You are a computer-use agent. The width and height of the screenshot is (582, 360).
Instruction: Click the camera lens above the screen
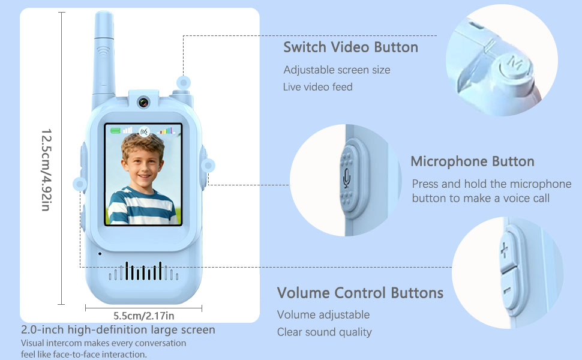tap(143, 101)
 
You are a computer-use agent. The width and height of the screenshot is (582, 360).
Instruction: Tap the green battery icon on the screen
tap(115, 130)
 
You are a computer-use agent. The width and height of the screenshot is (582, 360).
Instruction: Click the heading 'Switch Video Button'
tap(350, 47)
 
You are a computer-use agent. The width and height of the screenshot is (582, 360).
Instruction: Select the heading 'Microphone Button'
tap(472, 161)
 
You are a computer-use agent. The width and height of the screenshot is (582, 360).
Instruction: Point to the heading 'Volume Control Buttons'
tap(360, 293)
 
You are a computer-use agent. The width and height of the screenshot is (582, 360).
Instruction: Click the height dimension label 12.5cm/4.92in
tap(46, 169)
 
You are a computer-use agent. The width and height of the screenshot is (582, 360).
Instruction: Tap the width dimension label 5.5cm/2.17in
tap(144, 315)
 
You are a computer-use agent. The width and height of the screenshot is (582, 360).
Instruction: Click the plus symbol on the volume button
tap(504, 249)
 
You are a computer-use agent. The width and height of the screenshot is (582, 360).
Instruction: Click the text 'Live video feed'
tap(317, 87)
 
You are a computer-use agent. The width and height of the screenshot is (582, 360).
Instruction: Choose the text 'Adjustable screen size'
tap(337, 70)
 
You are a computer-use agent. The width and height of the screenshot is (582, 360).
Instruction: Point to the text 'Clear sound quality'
tap(324, 332)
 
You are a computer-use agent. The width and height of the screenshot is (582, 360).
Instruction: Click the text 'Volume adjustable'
tap(323, 314)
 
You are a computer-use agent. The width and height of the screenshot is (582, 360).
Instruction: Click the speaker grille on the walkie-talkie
tap(143, 272)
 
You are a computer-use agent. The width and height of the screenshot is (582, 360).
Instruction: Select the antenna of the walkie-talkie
tap(103, 54)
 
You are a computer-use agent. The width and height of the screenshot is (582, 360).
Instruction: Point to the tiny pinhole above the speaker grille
tap(100, 253)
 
